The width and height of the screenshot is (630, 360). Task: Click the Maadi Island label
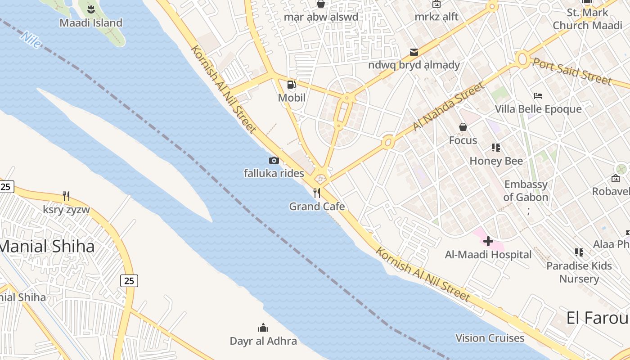91,22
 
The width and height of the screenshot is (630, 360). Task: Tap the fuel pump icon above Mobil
292,85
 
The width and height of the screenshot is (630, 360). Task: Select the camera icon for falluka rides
274,160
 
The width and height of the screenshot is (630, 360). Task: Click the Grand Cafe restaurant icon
317,193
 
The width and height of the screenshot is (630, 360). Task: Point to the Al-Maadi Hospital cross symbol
488,242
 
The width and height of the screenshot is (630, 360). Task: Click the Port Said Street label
572,70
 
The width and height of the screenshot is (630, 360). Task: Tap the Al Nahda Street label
448,107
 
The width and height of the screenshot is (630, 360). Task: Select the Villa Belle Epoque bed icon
538,96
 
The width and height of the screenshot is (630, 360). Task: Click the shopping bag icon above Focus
463,127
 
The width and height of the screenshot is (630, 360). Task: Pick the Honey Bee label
496,161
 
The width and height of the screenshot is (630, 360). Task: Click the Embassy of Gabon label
526,191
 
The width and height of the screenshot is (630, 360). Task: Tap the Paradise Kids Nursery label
579,272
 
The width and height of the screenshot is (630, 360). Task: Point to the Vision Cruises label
490,338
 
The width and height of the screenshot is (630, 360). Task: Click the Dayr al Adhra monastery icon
263,328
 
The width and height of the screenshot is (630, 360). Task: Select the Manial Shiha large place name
47,246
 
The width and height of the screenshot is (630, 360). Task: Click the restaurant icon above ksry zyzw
66,196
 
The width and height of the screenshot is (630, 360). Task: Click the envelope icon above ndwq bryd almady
414,52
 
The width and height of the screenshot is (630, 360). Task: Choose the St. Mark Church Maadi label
587,19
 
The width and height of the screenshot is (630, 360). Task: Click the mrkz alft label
436,17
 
